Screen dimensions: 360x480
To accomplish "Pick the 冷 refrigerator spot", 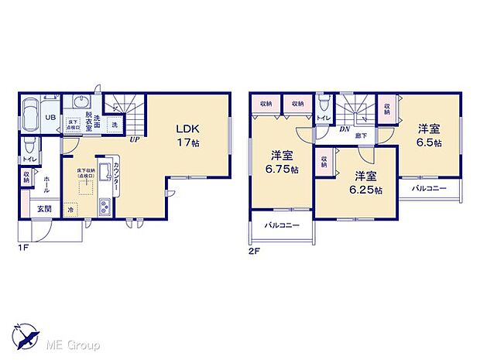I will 71,209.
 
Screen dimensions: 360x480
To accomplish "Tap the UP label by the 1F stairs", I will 134,140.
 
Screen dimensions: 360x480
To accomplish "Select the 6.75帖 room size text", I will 283,170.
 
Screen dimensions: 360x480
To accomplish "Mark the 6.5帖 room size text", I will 428,143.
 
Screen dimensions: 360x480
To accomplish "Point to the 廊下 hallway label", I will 361,135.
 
